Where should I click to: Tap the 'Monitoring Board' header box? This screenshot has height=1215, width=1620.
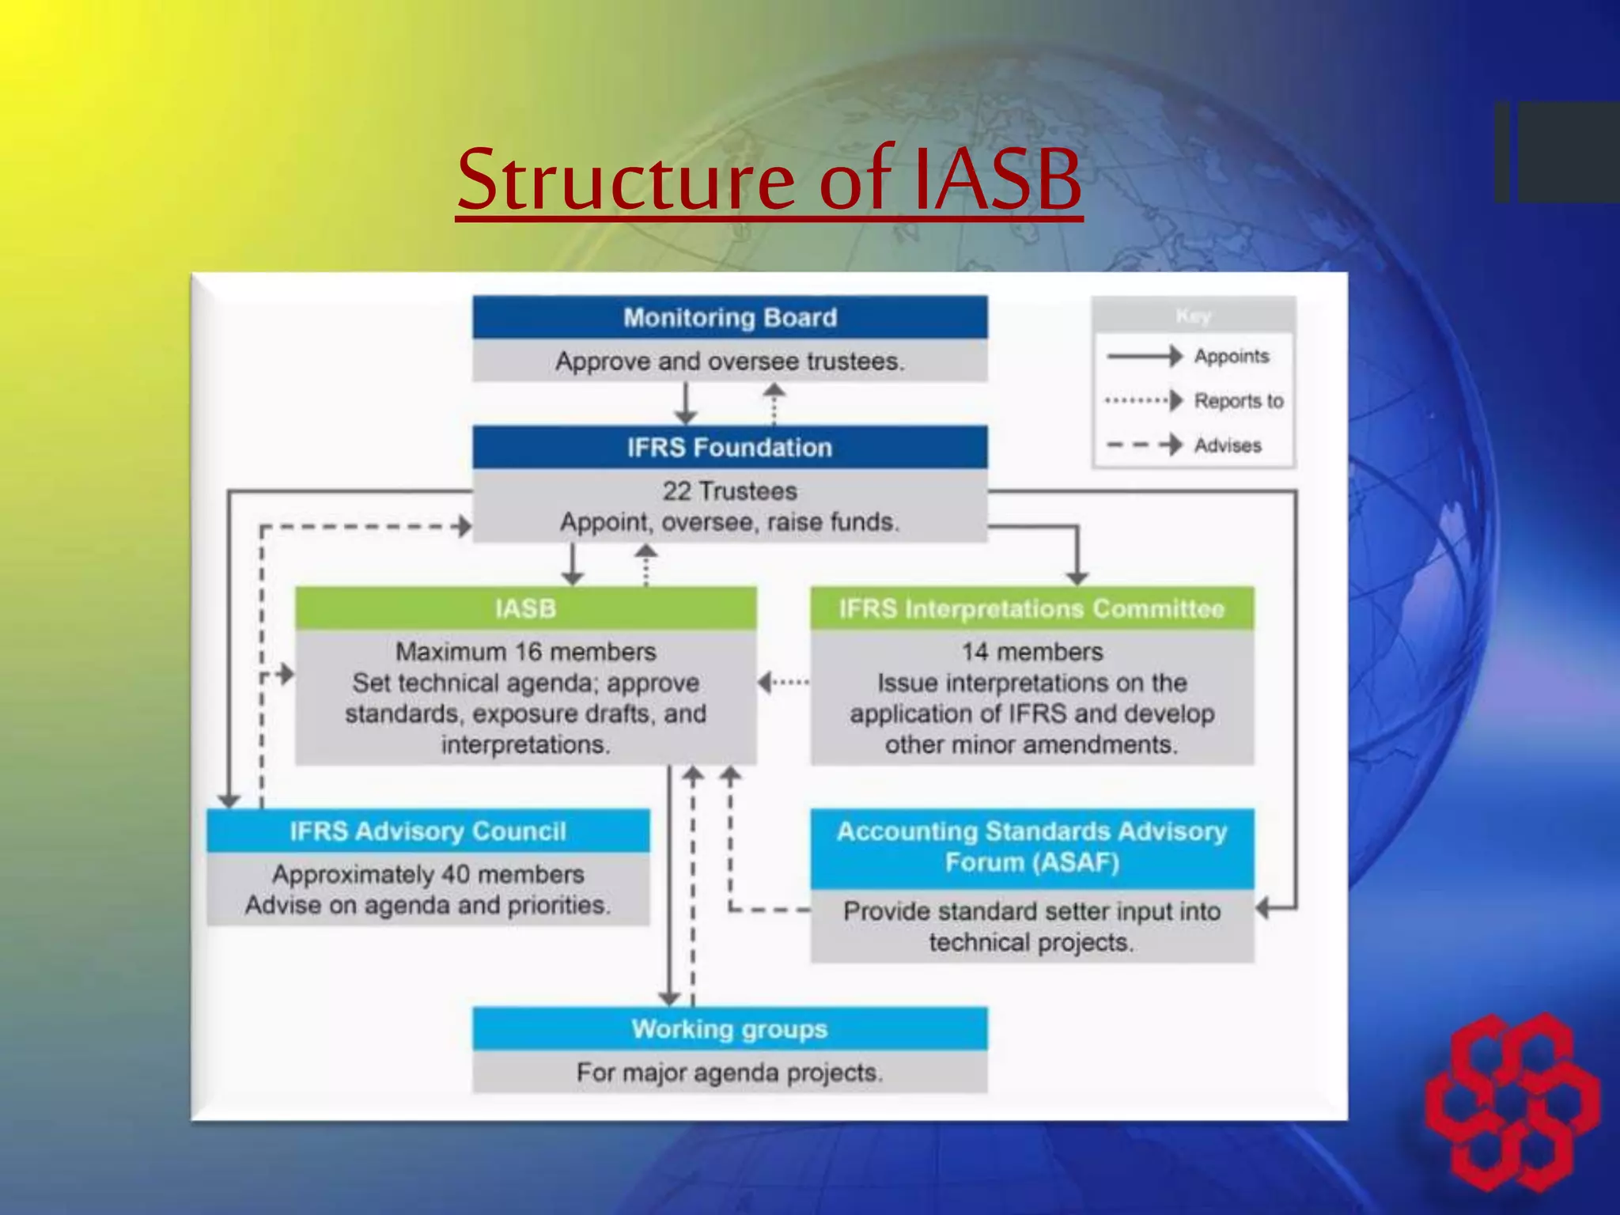pyautogui.click(x=729, y=317)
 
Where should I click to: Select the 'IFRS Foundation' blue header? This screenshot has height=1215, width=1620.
pyautogui.click(x=729, y=447)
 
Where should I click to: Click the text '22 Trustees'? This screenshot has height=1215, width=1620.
pyautogui.click(x=729, y=491)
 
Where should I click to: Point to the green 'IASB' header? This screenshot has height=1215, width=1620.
pyautogui.click(x=525, y=608)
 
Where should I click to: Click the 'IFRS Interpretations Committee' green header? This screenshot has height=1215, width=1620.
pyautogui.click(x=1031, y=608)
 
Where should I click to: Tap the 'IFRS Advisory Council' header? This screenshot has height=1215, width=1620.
pyautogui.click(x=428, y=831)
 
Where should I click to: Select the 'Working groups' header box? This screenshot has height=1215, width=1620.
pyautogui.click(x=729, y=1028)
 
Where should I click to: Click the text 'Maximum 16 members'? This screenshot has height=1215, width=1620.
pyautogui.click(x=525, y=652)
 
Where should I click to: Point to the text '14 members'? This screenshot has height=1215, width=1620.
pyautogui.click(x=1031, y=652)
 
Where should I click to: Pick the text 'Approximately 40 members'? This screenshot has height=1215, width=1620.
pyautogui.click(x=428, y=874)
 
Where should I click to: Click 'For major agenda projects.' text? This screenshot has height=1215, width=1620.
pyautogui.click(x=729, y=1073)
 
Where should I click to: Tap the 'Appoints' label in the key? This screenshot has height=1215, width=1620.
pyautogui.click(x=1231, y=356)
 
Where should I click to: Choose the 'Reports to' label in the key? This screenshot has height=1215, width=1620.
pyautogui.click(x=1238, y=401)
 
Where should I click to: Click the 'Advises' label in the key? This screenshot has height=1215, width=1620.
pyautogui.click(x=1228, y=445)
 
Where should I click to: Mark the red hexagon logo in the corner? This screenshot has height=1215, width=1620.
pyautogui.click(x=1512, y=1101)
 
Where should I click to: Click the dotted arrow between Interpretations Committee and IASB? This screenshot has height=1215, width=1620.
pyautogui.click(x=783, y=682)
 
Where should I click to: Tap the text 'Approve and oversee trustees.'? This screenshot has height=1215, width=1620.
pyautogui.click(x=729, y=361)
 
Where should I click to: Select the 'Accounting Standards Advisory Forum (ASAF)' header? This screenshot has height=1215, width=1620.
pyautogui.click(x=1031, y=846)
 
